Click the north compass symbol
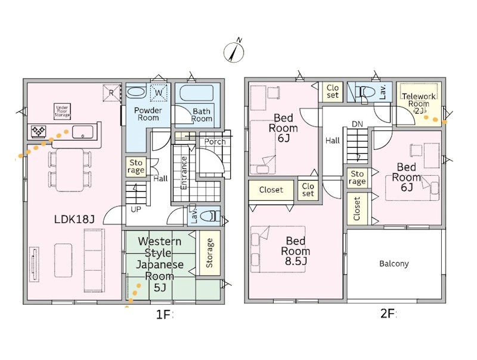pos(234,51)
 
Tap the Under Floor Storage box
pos(63,111)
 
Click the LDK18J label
pos(75,219)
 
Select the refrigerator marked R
pos(111,92)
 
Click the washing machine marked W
pos(159,92)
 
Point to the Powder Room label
pos(148,114)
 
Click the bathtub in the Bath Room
pos(197,92)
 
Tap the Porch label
pos(215,142)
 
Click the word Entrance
pos(184,173)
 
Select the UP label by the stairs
pos(136,209)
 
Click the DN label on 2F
pos(357,124)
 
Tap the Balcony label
pos(394,263)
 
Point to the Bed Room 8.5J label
pos(295,251)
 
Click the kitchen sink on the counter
pos(82,132)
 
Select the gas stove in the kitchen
pos(39,132)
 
